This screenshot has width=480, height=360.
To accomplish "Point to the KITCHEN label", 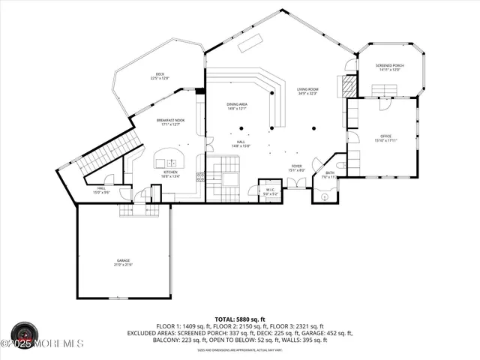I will (x=170, y=173).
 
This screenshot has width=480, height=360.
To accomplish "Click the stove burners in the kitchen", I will (x=200, y=178).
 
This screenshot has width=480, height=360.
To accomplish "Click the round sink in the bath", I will (x=325, y=197).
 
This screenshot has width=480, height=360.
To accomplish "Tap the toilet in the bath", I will (x=342, y=163).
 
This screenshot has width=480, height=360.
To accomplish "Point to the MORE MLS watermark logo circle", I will (x=24, y=334).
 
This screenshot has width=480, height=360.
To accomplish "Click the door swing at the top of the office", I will (x=384, y=105).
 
